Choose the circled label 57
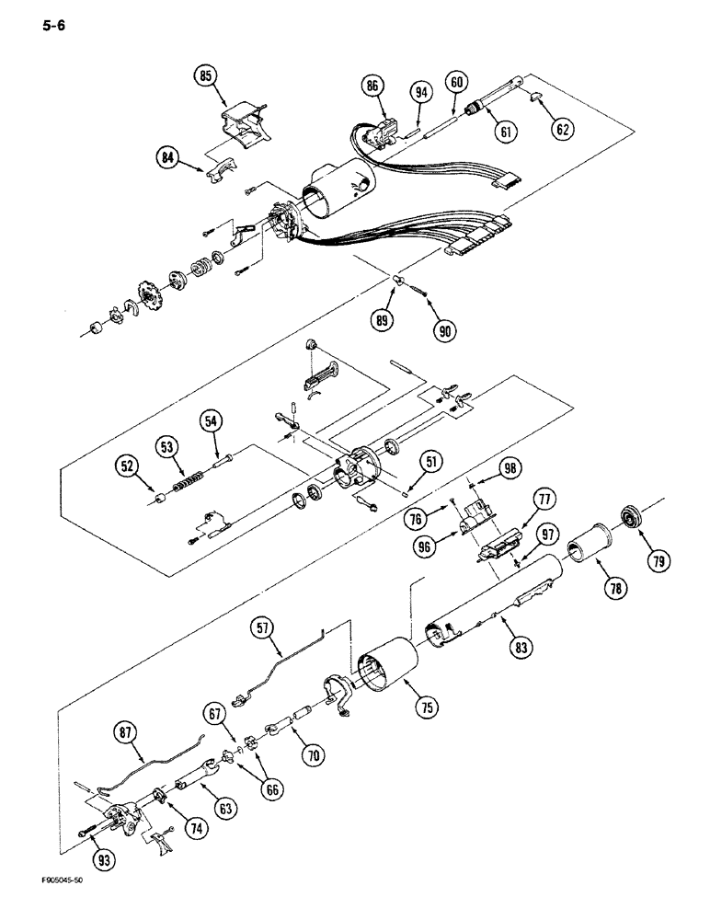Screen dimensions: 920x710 click(265, 628)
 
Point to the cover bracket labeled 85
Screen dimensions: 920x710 click(242, 124)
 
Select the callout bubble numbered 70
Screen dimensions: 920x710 click(314, 757)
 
